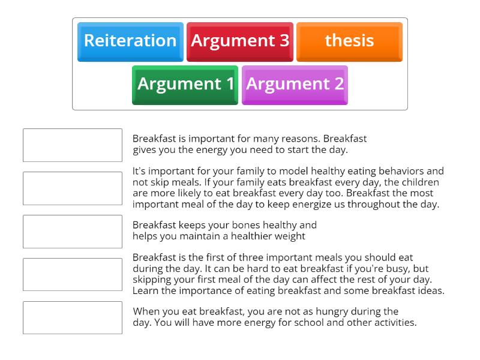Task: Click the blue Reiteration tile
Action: coord(130,41)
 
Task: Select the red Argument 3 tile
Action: coord(240,41)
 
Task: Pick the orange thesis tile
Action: coord(349,41)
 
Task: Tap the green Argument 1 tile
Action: coord(185,84)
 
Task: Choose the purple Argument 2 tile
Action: coord(295,84)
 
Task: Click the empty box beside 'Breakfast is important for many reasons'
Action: coord(73,145)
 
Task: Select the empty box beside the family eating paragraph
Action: coord(73,188)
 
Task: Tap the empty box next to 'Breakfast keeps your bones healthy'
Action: coord(73,232)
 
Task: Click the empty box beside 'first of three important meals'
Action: coord(73,275)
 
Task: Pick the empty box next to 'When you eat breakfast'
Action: coord(73,318)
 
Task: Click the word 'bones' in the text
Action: coord(244,225)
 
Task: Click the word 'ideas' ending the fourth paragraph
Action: coord(430,290)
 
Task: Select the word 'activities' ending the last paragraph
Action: coord(394,322)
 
